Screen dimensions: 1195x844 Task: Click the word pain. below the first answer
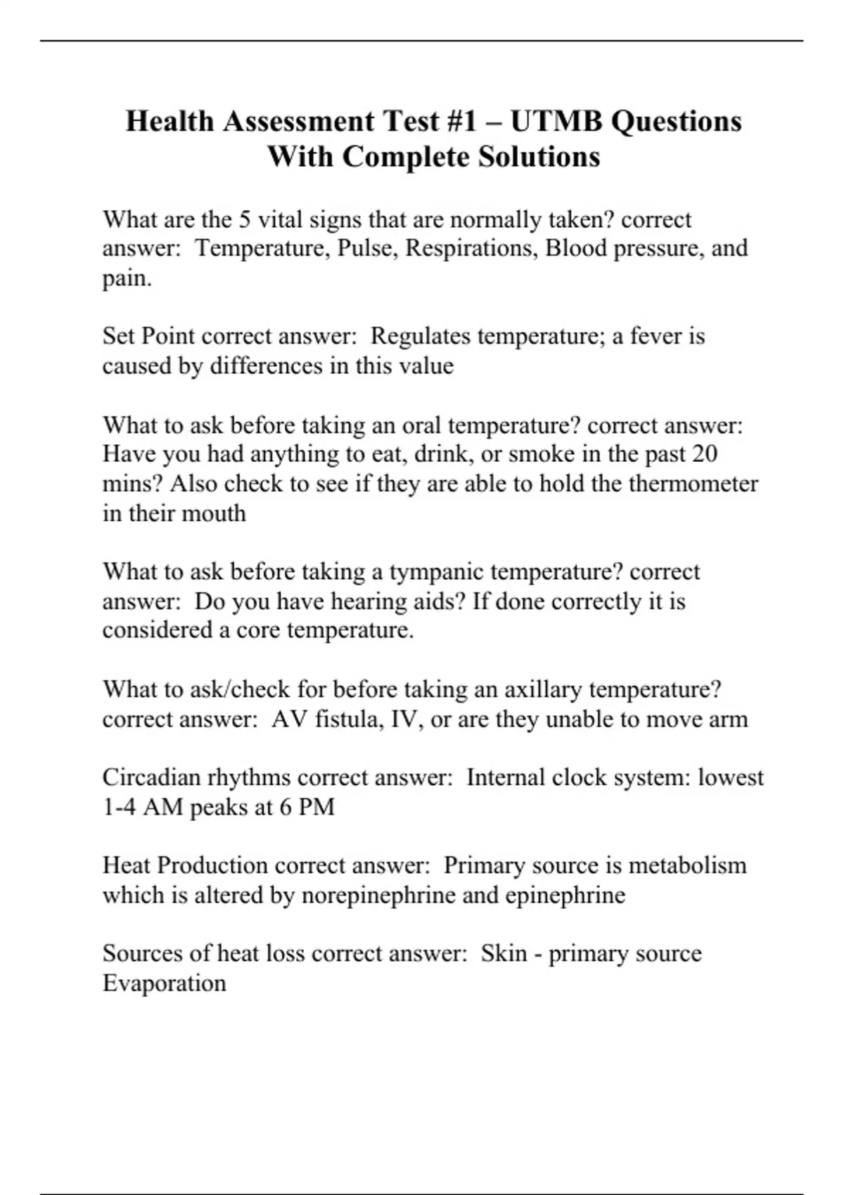coord(127,279)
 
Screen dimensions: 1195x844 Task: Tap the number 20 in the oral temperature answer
coord(704,454)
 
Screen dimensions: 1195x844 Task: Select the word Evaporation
coord(165,983)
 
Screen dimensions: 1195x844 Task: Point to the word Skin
coord(504,953)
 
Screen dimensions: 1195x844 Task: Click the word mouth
coord(214,513)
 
